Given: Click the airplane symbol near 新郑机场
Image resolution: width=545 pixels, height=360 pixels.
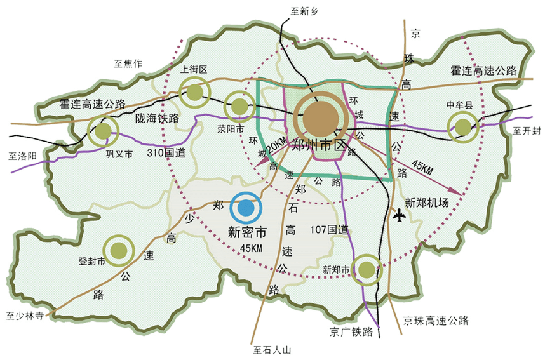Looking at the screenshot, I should (400, 216).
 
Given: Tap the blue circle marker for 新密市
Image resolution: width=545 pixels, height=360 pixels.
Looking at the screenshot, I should (246, 208).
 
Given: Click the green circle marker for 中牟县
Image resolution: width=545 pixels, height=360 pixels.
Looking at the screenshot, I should (463, 128).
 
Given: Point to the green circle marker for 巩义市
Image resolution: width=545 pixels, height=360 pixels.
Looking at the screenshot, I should (104, 131).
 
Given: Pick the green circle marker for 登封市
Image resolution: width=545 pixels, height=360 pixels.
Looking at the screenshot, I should (118, 251).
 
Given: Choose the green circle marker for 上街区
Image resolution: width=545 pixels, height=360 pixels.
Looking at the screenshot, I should (195, 93).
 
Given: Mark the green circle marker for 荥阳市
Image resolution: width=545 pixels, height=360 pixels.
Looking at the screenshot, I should (240, 106).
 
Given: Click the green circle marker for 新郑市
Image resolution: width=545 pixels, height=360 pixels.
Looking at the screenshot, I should (366, 270).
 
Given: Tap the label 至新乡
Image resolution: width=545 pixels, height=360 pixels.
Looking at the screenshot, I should (303, 11).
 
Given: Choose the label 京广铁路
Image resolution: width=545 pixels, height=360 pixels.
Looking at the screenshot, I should (351, 331).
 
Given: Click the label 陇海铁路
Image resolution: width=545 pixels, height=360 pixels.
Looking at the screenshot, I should (158, 117).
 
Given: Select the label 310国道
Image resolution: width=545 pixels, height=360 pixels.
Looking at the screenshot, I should (166, 153).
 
